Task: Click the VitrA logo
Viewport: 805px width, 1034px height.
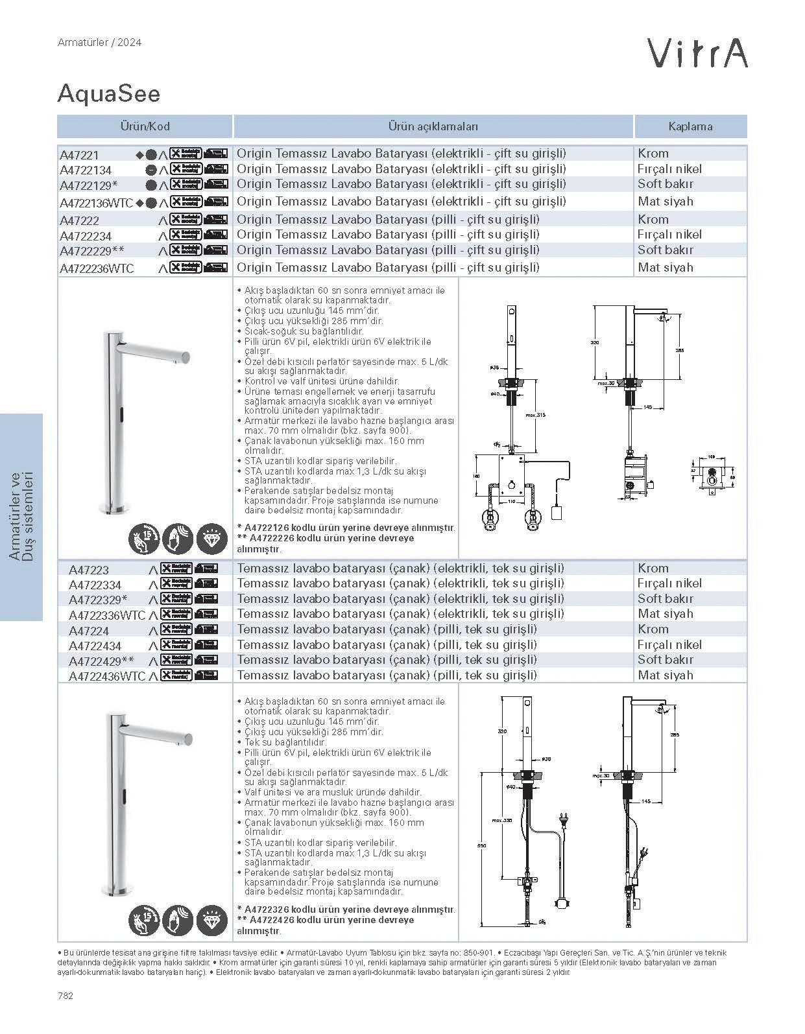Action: coord(699,53)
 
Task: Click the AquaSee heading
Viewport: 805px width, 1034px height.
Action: coord(108,94)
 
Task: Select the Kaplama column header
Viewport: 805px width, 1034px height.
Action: coord(690,126)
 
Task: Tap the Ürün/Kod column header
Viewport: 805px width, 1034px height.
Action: coord(145,126)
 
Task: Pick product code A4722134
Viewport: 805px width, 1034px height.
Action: coord(86,170)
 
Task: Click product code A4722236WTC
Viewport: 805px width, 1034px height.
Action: coord(97,268)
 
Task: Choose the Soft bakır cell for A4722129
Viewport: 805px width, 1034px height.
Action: coord(665,184)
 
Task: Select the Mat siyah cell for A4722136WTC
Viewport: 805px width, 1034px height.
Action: coord(665,202)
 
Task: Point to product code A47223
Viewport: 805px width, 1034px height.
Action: coord(89,570)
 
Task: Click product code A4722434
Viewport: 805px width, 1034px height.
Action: coord(95,646)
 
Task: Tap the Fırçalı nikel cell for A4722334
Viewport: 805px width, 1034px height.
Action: coord(669,583)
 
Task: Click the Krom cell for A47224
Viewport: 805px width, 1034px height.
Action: coord(653,629)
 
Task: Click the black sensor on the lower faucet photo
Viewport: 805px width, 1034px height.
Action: coord(125,794)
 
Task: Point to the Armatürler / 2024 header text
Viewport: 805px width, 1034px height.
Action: coord(99,43)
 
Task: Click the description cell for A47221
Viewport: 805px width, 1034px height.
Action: coord(401,154)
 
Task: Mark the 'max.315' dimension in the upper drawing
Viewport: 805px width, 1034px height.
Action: coord(535,415)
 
